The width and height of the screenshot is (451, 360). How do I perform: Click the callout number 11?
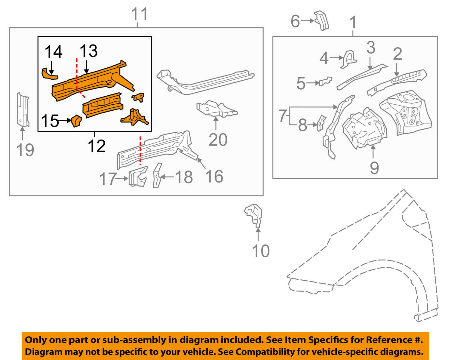click(140, 14)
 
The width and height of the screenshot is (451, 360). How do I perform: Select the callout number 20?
click(218, 140)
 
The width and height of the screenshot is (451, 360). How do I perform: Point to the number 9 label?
click(374, 168)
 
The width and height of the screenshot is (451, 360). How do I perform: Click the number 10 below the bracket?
click(261, 251)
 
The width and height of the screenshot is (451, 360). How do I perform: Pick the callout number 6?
click(295, 21)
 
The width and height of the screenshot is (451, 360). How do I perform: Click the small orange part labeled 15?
click(76, 121)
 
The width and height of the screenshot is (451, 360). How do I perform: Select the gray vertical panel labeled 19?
click(23, 110)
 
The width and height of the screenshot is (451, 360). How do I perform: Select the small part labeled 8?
click(321, 123)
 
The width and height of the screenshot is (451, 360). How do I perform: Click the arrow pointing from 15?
click(65, 121)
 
